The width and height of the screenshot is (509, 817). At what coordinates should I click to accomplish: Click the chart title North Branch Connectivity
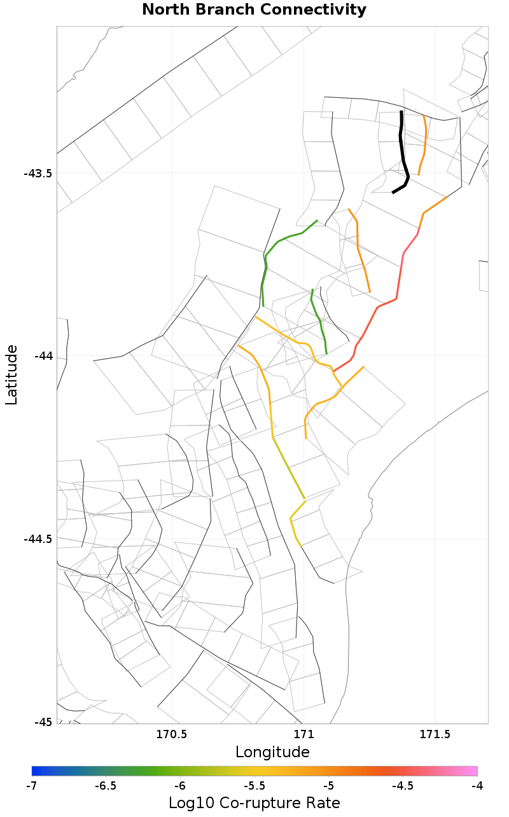point(254,10)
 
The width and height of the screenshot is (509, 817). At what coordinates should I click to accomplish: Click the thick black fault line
point(402,153)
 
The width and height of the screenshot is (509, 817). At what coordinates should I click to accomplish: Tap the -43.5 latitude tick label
point(38,174)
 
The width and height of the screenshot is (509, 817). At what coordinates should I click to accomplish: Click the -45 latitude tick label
point(43,722)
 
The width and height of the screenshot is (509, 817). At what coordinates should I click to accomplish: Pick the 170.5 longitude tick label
point(172,735)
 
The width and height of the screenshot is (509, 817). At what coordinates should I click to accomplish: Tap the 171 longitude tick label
point(303,735)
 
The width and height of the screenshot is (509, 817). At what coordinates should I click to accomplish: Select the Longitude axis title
point(272,753)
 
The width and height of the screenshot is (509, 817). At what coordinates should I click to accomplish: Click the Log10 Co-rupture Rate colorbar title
point(254,803)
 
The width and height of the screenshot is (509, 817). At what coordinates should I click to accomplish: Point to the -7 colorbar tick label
point(31,786)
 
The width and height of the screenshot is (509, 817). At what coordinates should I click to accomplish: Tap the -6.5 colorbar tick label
point(106,786)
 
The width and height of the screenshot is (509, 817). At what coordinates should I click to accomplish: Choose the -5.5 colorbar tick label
point(254,786)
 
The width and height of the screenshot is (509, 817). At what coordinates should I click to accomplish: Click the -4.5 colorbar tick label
point(403,786)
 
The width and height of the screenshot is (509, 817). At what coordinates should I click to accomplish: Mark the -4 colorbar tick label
point(477,786)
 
